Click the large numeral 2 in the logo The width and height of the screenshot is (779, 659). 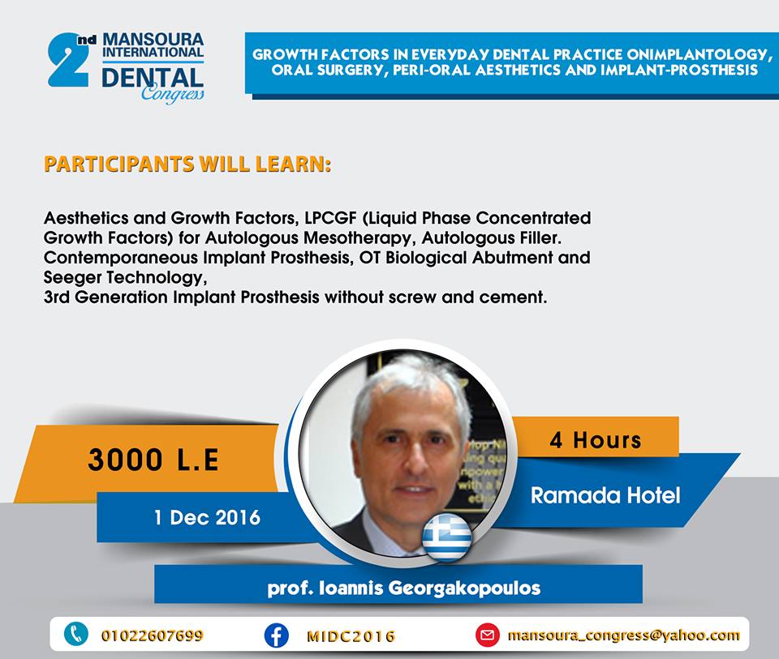point(68,61)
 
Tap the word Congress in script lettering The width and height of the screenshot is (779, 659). point(172,92)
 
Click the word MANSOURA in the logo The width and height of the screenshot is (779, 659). point(153,40)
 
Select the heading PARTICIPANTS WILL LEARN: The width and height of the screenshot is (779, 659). point(187,165)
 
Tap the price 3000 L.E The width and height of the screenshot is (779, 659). point(153,459)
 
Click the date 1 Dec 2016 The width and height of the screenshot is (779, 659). point(207,518)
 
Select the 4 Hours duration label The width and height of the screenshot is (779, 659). point(595,439)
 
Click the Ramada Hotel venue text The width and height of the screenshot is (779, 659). point(605,495)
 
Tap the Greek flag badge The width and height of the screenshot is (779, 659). point(446,537)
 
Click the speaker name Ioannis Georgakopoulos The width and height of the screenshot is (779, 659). point(429,588)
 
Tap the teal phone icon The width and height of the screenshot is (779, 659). point(76,635)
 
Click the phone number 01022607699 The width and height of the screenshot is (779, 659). point(152,635)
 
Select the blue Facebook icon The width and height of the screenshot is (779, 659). point(276,635)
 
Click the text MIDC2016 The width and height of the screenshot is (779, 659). point(351,636)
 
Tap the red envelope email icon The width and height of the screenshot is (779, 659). point(488,635)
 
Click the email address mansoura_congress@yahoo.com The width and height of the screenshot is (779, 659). point(623,635)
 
